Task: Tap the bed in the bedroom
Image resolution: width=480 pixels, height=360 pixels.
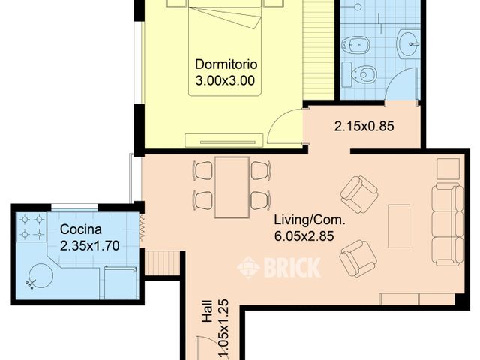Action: [226, 45]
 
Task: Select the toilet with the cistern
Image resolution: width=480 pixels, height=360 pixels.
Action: [361, 74]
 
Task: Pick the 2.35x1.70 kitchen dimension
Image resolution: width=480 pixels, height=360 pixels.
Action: [89, 244]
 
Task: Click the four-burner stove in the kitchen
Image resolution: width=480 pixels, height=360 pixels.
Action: [31, 226]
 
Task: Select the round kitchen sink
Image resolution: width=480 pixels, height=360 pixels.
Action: [40, 277]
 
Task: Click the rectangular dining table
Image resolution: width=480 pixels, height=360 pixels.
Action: [232, 187]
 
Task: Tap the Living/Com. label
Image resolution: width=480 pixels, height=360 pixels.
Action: [303, 220]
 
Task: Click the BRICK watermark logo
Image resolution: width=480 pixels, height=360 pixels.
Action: [279, 267]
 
